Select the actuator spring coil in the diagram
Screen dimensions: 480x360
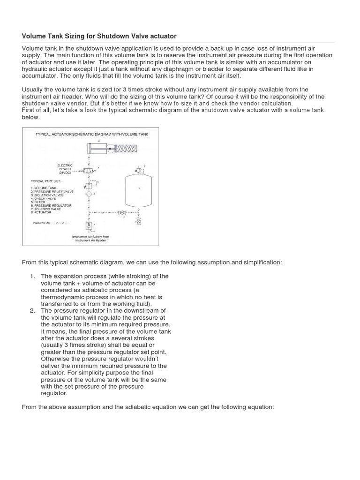123,149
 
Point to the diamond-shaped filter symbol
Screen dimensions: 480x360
89,193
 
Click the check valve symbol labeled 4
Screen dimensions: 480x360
89,226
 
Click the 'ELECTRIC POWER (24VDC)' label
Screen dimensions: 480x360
64,169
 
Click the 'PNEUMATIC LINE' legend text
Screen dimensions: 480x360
42,223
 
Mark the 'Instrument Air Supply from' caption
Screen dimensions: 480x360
90,237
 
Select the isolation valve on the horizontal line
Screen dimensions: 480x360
124,212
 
